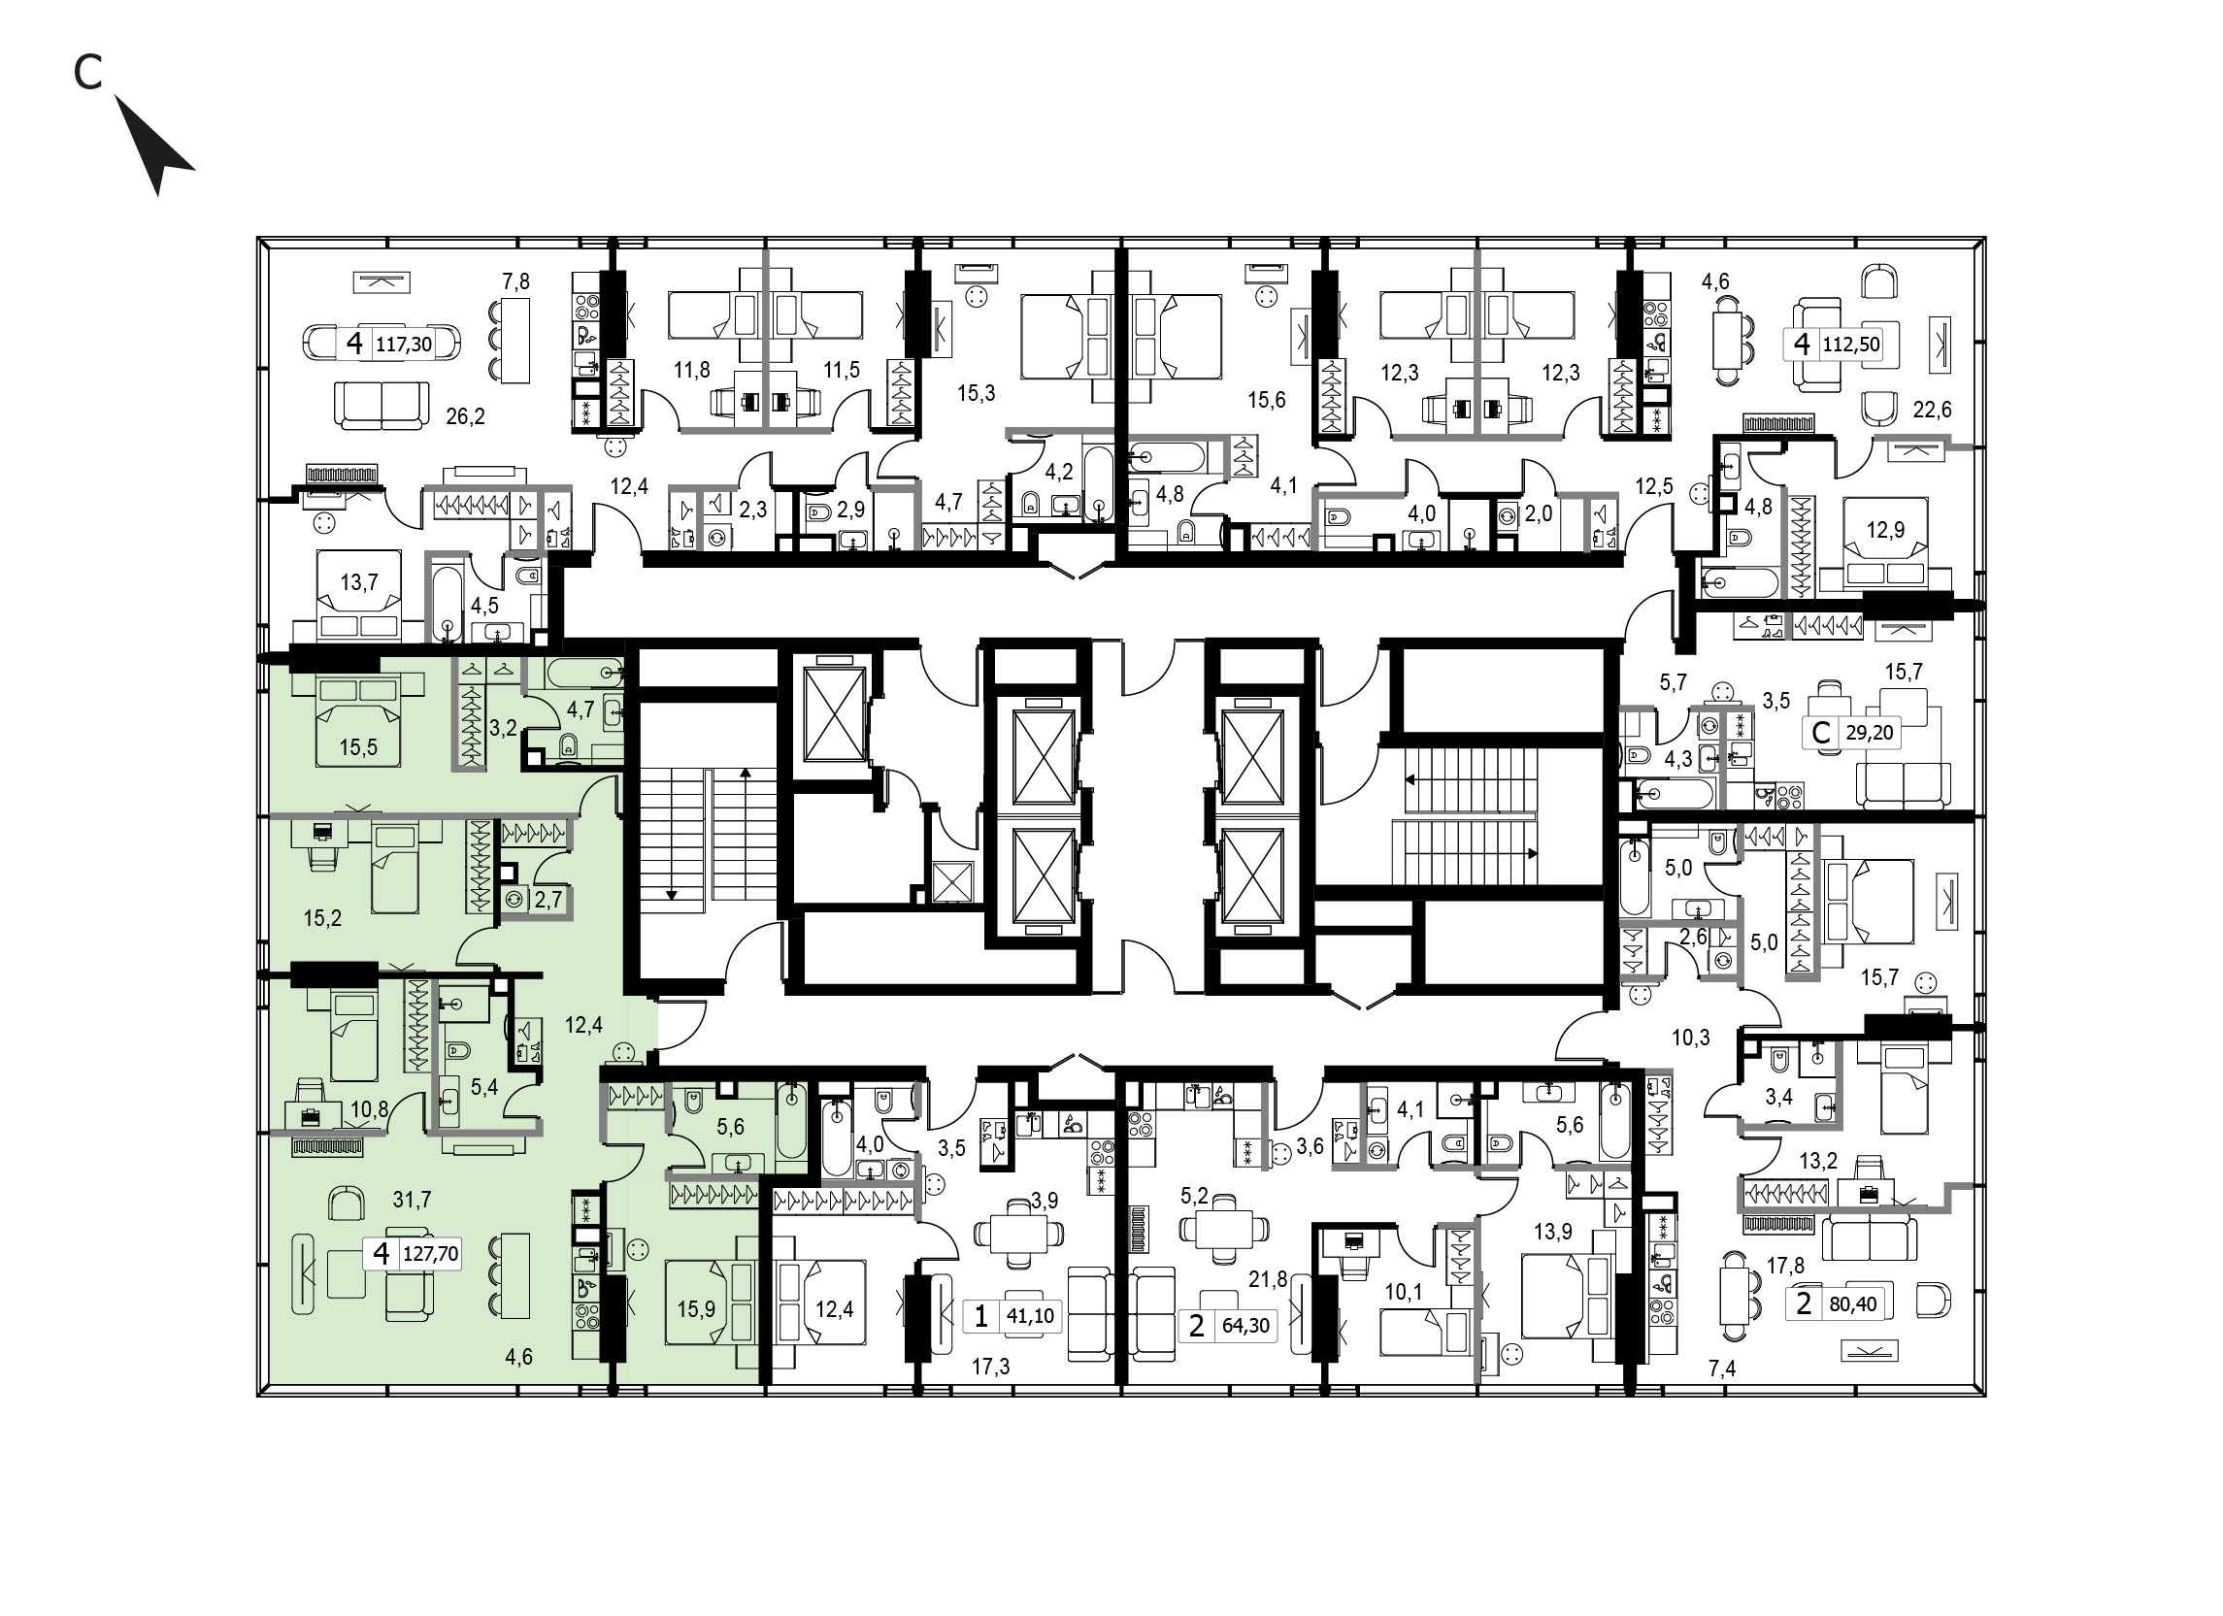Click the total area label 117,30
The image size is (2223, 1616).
pyautogui.click(x=404, y=345)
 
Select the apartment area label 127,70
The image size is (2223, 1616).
pyautogui.click(x=430, y=1254)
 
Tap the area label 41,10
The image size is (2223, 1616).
pyautogui.click(x=1030, y=1316)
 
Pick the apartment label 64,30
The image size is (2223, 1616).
pyautogui.click(x=1245, y=1326)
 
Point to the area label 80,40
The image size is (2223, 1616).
pyautogui.click(x=1852, y=1303)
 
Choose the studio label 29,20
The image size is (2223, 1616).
pyautogui.click(x=1869, y=732)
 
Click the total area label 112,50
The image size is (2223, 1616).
pyautogui.click(x=1850, y=345)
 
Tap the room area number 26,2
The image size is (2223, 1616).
pyautogui.click(x=466, y=416)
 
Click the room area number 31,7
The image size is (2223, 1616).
pyautogui.click(x=412, y=1200)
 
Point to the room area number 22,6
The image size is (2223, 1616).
pyautogui.click(x=1932, y=410)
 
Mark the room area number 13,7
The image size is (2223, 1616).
pyautogui.click(x=359, y=582)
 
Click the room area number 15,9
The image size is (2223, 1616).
pyautogui.click(x=696, y=1309)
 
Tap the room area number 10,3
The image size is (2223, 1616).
pyautogui.click(x=1691, y=1037)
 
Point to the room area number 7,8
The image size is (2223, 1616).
pyautogui.click(x=515, y=282)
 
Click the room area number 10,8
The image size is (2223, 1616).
pyautogui.click(x=370, y=1110)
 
